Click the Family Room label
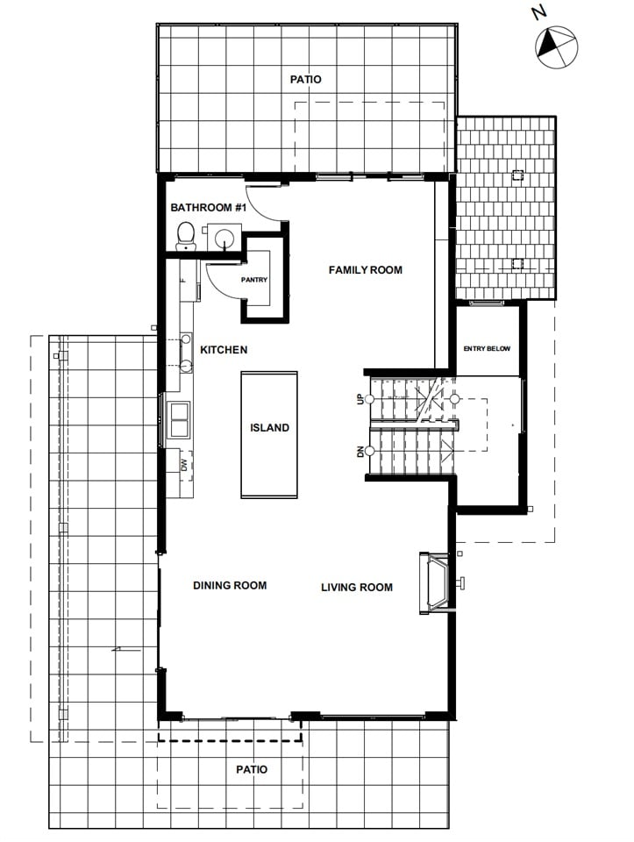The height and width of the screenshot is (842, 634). point(366,269)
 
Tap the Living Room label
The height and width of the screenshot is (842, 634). point(357,588)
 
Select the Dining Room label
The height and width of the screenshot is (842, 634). point(230,585)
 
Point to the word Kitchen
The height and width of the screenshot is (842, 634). point(224,350)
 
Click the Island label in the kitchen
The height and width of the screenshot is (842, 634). point(269,427)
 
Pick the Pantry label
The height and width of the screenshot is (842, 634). point(254,280)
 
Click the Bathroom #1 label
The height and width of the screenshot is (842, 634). point(209,207)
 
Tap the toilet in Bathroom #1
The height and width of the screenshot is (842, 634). point(186,236)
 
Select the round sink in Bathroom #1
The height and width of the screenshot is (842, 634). point(224,237)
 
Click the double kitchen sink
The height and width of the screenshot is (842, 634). point(179,419)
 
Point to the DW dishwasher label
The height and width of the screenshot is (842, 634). point(184,465)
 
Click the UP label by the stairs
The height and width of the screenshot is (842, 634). point(360,399)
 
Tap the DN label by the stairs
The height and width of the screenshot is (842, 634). point(360,451)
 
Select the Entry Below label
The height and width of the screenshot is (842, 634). point(487,348)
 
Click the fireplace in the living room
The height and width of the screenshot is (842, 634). point(437,582)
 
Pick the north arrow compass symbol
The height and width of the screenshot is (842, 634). point(556,47)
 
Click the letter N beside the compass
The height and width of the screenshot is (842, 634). point(539,11)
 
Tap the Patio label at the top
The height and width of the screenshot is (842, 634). point(305,80)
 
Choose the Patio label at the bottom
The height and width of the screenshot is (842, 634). point(252,769)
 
